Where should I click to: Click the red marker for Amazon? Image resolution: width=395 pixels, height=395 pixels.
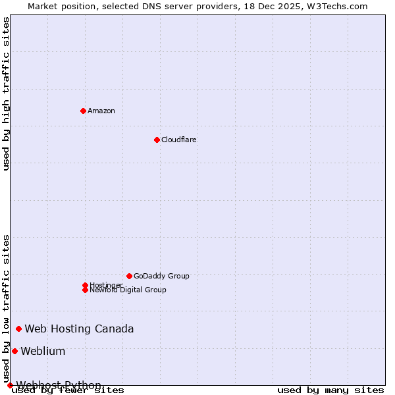pos(83,111)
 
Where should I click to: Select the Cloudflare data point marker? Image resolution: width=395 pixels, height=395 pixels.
pos(157,140)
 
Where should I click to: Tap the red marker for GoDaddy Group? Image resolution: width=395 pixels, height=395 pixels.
pos(129,276)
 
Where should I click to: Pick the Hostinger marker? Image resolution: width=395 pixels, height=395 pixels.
pos(85,285)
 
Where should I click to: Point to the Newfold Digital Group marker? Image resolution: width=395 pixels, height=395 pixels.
pos(85,290)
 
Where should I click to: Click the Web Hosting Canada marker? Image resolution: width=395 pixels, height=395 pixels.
pos(18,329)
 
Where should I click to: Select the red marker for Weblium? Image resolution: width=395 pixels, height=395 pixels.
pos(14,351)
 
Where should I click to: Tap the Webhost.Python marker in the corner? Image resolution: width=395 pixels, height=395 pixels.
pos(10,385)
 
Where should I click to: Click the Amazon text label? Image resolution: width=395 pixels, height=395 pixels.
pos(101,111)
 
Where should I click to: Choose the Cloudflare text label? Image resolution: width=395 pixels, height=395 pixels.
pos(179,140)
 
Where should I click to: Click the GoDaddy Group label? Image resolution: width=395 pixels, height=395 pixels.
pos(161,276)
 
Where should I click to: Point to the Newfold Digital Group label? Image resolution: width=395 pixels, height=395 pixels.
pos(128,290)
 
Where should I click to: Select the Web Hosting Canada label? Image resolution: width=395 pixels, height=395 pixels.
pos(79,329)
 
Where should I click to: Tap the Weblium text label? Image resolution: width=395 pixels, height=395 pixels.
pos(43,351)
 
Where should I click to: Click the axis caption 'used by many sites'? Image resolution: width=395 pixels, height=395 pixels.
pos(330,390)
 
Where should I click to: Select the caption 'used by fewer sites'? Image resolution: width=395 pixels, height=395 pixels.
pos(68,390)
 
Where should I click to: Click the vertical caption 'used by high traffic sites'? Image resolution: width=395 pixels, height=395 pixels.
pos(7,94)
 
